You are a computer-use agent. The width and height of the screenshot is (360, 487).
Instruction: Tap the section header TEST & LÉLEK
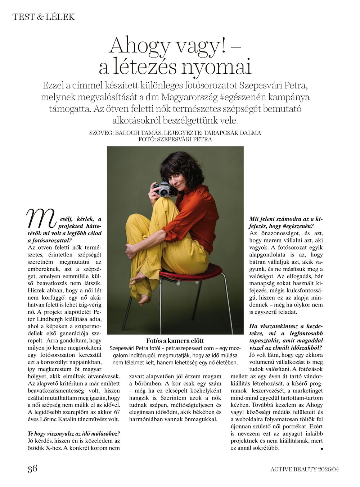(x=44, y=17)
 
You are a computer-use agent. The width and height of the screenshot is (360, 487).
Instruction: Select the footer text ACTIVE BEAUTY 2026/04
(x=305, y=469)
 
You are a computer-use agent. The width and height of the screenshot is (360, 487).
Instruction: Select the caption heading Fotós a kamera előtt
(x=175, y=341)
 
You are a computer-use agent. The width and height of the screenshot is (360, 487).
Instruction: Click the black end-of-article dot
(x=321, y=449)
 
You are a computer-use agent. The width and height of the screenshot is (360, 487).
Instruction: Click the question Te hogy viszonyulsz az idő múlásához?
(x=74, y=433)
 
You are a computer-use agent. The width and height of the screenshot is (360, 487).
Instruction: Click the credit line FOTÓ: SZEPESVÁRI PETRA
(x=175, y=139)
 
